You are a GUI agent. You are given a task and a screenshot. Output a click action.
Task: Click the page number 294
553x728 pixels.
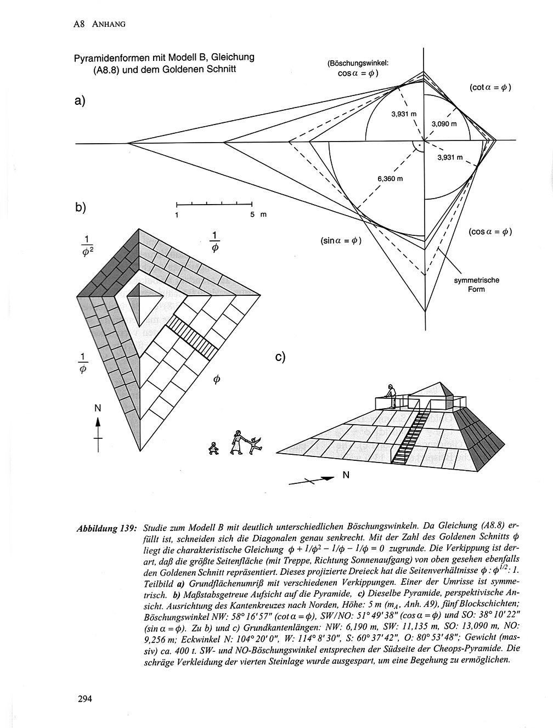84,699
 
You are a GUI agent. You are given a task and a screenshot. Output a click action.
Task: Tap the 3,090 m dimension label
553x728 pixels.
444,124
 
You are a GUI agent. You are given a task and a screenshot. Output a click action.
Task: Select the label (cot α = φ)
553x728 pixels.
490,87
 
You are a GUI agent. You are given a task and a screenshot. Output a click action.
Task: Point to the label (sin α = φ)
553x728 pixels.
340,240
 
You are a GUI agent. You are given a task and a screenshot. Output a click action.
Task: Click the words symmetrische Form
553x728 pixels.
476,285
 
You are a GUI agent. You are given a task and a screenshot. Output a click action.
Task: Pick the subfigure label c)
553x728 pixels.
281,357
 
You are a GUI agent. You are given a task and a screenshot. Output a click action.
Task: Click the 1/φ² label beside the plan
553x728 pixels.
86,247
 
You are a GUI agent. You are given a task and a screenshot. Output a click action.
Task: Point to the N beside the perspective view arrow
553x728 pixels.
346,475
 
